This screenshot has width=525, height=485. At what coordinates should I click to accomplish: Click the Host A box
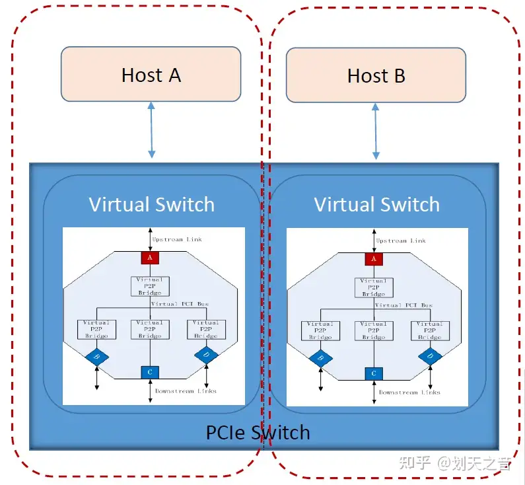tap(151, 74)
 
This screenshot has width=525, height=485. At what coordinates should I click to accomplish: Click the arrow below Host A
tap(151, 130)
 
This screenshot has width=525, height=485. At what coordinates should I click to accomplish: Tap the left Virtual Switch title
tap(151, 204)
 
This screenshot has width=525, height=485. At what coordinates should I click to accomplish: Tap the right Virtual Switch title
tap(376, 204)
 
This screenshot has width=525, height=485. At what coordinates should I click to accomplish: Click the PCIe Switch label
tap(258, 433)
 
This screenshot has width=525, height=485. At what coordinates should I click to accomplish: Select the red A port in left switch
tap(150, 258)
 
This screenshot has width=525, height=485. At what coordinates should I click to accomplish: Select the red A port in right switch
tap(374, 258)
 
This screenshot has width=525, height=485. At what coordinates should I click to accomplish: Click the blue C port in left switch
tap(150, 372)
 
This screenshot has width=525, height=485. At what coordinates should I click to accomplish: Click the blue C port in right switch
tap(374, 373)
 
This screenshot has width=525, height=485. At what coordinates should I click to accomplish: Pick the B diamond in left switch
tap(96, 357)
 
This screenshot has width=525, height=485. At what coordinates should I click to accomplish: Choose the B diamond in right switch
tap(320, 357)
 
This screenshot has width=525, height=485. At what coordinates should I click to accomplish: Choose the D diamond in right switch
tap(431, 357)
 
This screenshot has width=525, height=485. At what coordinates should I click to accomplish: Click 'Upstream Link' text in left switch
tap(178, 239)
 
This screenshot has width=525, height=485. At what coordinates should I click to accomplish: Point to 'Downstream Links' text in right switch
tap(409, 392)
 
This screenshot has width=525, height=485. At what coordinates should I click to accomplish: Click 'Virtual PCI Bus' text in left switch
tap(180, 304)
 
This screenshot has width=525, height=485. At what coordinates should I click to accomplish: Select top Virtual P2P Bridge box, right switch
tap(374, 287)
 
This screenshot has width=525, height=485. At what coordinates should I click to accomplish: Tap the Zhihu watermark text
tap(455, 463)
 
